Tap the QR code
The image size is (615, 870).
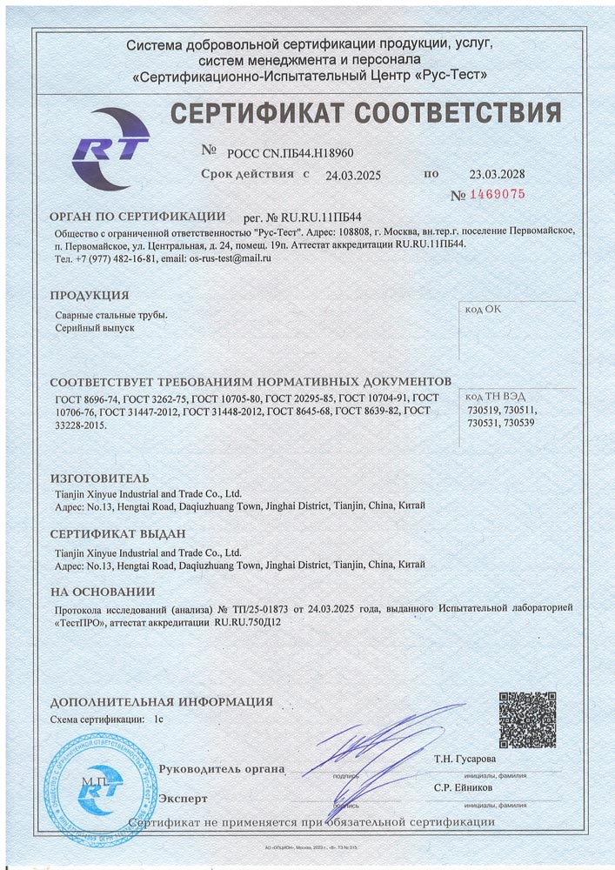[x=527, y=719]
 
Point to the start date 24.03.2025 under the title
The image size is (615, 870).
[x=353, y=175]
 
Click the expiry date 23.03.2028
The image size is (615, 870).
[x=497, y=174]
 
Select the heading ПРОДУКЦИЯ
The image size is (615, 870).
[x=90, y=295]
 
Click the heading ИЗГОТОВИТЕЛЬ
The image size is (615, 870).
[x=99, y=478]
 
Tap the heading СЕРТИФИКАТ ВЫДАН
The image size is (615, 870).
[x=117, y=533]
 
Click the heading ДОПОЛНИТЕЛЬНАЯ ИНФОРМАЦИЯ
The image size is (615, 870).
[x=161, y=701]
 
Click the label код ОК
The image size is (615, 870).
[x=484, y=309]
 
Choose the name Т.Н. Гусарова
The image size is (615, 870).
[x=465, y=759]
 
